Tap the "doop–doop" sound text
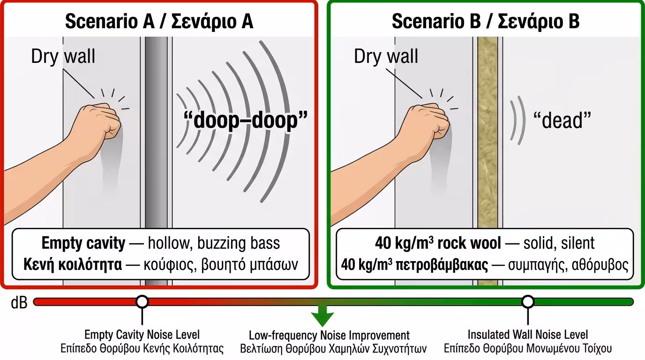[246, 120]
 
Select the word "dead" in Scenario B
[562, 120]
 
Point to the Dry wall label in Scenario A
[63, 56]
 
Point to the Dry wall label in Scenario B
[386, 56]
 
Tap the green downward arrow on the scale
[322, 315]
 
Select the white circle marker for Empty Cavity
[142, 301]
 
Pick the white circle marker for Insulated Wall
[528, 301]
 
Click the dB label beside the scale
[19, 303]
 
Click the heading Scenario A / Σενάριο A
[159, 21]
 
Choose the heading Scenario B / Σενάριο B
[486, 21]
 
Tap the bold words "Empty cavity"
[83, 243]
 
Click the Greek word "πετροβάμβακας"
[442, 265]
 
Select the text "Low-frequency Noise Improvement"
[329, 336]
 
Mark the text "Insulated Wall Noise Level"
[528, 335]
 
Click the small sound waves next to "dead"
[518, 120]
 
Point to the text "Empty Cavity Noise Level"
[142, 335]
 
